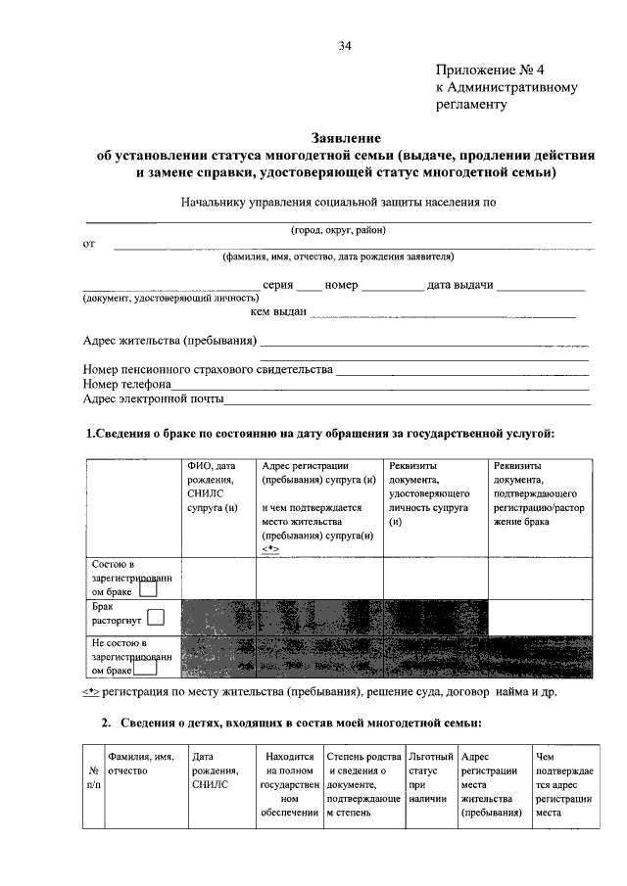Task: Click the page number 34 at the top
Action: (345, 46)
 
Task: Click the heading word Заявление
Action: (345, 139)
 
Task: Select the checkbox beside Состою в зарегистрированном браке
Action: (147, 589)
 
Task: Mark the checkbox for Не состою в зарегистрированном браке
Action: (147, 671)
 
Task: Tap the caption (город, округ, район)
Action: (338, 230)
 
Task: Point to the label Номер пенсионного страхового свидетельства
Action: (208, 370)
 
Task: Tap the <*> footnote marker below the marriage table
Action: (90, 693)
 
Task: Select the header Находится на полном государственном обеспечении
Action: (288, 784)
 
